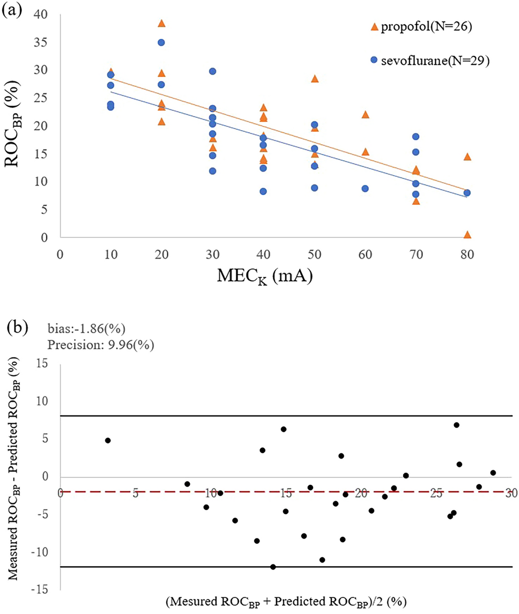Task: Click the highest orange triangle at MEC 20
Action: click(161, 23)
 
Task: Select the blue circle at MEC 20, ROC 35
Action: click(161, 42)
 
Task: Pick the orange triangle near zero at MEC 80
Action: click(467, 235)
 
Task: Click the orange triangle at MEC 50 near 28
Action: click(315, 79)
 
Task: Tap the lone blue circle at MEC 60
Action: click(365, 189)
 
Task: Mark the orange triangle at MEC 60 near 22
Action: click(365, 115)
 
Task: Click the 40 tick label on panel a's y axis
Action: click(48, 14)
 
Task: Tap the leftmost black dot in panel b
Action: click(108, 440)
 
